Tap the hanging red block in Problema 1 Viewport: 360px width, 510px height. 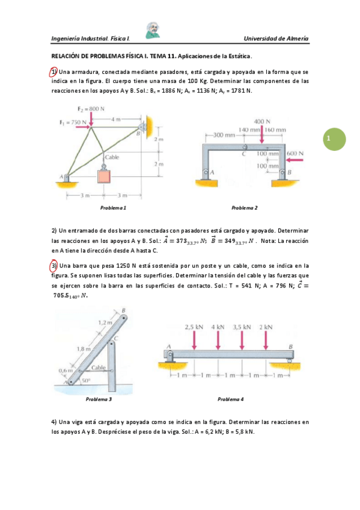click(x=105, y=176)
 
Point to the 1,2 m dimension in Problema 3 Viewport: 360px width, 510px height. click(x=105, y=323)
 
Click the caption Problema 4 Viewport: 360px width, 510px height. click(x=231, y=399)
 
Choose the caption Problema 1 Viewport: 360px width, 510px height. click(x=112, y=207)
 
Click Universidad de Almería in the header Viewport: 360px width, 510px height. click(x=276, y=38)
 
